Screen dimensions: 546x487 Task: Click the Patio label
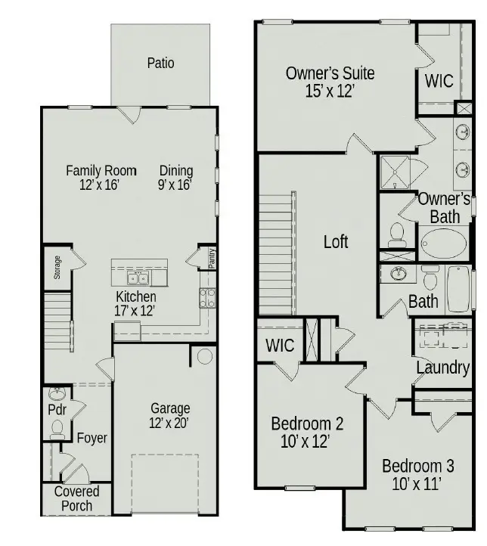tap(160, 64)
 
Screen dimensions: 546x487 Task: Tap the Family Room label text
tap(101, 171)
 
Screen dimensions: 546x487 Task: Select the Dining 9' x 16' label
tap(176, 177)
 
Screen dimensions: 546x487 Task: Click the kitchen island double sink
tap(139, 278)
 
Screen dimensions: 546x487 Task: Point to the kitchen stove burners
tap(207, 297)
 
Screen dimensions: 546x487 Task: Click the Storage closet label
tap(57, 268)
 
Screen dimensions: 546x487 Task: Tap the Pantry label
tap(212, 258)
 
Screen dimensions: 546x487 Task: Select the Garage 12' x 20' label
tap(169, 416)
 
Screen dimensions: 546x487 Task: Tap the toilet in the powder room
tap(57, 428)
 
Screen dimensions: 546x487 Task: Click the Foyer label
tap(92, 438)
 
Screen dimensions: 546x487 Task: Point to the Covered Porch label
tap(76, 498)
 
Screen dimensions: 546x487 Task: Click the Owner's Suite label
tap(330, 81)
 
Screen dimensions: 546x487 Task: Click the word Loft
tap(336, 241)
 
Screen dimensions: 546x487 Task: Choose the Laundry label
tap(442, 368)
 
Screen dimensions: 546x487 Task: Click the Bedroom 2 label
tap(307, 431)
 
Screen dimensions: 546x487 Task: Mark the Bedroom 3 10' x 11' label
tap(417, 474)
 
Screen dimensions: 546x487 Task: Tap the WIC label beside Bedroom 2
tap(280, 345)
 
